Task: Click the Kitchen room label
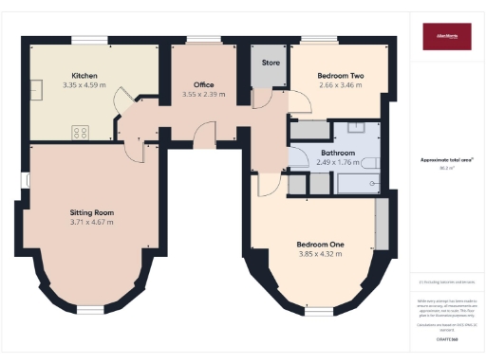[x=84, y=75]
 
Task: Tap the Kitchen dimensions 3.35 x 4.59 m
[x=84, y=84]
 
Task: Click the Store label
[x=269, y=63]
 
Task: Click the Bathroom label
[x=338, y=153]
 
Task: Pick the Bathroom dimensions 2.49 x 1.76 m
[x=338, y=162]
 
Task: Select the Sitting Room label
[x=92, y=212]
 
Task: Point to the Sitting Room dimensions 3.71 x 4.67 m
[x=92, y=223]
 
